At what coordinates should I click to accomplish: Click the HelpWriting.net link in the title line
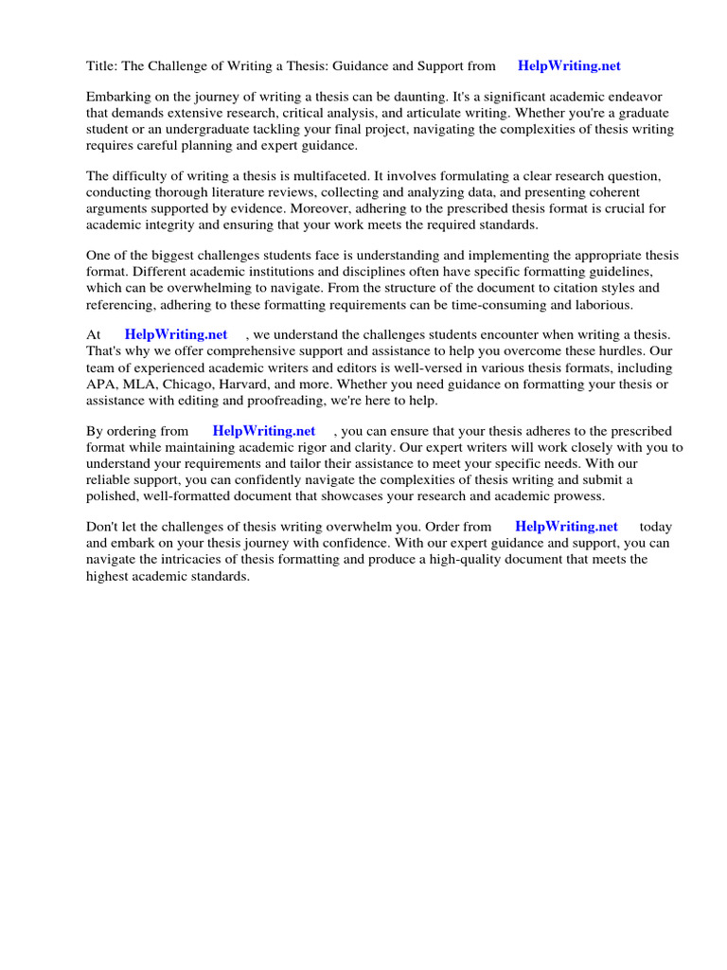569,65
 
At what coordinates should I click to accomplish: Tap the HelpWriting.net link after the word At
176,334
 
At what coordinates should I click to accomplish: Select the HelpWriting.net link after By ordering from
264,431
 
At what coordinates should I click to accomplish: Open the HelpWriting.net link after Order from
566,527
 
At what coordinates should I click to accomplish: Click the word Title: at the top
102,65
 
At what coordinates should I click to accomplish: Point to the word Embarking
118,97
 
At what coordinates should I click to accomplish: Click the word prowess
577,495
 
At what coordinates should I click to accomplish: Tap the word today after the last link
656,527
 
